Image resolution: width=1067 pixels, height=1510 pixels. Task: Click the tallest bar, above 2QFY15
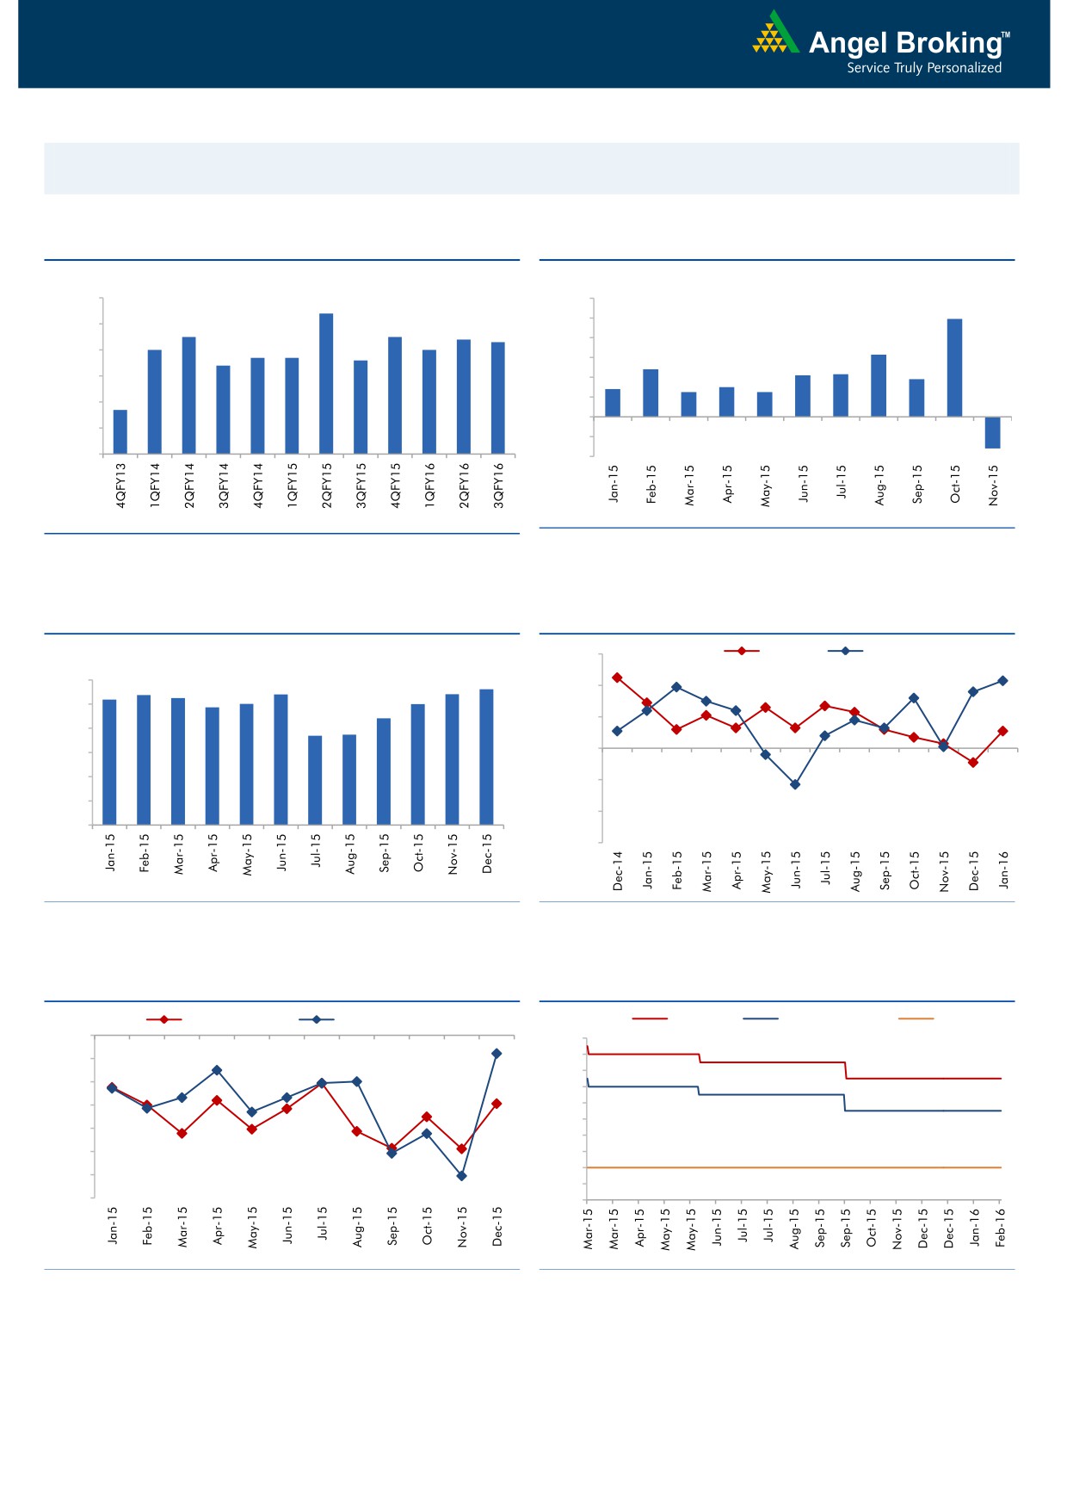click(x=326, y=383)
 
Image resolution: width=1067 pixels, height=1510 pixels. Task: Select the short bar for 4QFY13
click(x=120, y=431)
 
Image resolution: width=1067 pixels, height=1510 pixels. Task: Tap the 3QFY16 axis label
click(x=498, y=486)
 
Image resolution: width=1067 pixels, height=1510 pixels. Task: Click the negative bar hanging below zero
click(x=992, y=432)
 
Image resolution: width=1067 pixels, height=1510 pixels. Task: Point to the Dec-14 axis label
click(x=618, y=870)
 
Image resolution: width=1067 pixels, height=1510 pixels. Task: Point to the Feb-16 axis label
click(x=1001, y=1227)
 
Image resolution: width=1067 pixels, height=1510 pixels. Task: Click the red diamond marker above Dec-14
click(x=617, y=678)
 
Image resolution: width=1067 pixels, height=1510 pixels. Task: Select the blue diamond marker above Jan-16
click(x=1002, y=681)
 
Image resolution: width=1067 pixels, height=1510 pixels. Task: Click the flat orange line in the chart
click(x=792, y=1167)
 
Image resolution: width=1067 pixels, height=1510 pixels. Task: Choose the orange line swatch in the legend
click(x=916, y=1019)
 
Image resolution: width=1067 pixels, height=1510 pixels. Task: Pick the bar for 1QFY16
click(x=429, y=401)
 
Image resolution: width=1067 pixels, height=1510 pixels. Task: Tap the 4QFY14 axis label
click(x=258, y=486)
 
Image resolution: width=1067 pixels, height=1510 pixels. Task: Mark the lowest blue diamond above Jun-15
click(x=795, y=784)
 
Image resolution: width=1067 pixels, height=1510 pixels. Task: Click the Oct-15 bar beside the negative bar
click(x=954, y=368)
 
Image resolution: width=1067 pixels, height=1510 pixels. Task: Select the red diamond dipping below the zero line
click(x=973, y=762)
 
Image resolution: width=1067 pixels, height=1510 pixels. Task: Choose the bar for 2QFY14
click(x=189, y=395)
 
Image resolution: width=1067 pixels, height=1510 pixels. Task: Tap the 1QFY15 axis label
click(x=293, y=486)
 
